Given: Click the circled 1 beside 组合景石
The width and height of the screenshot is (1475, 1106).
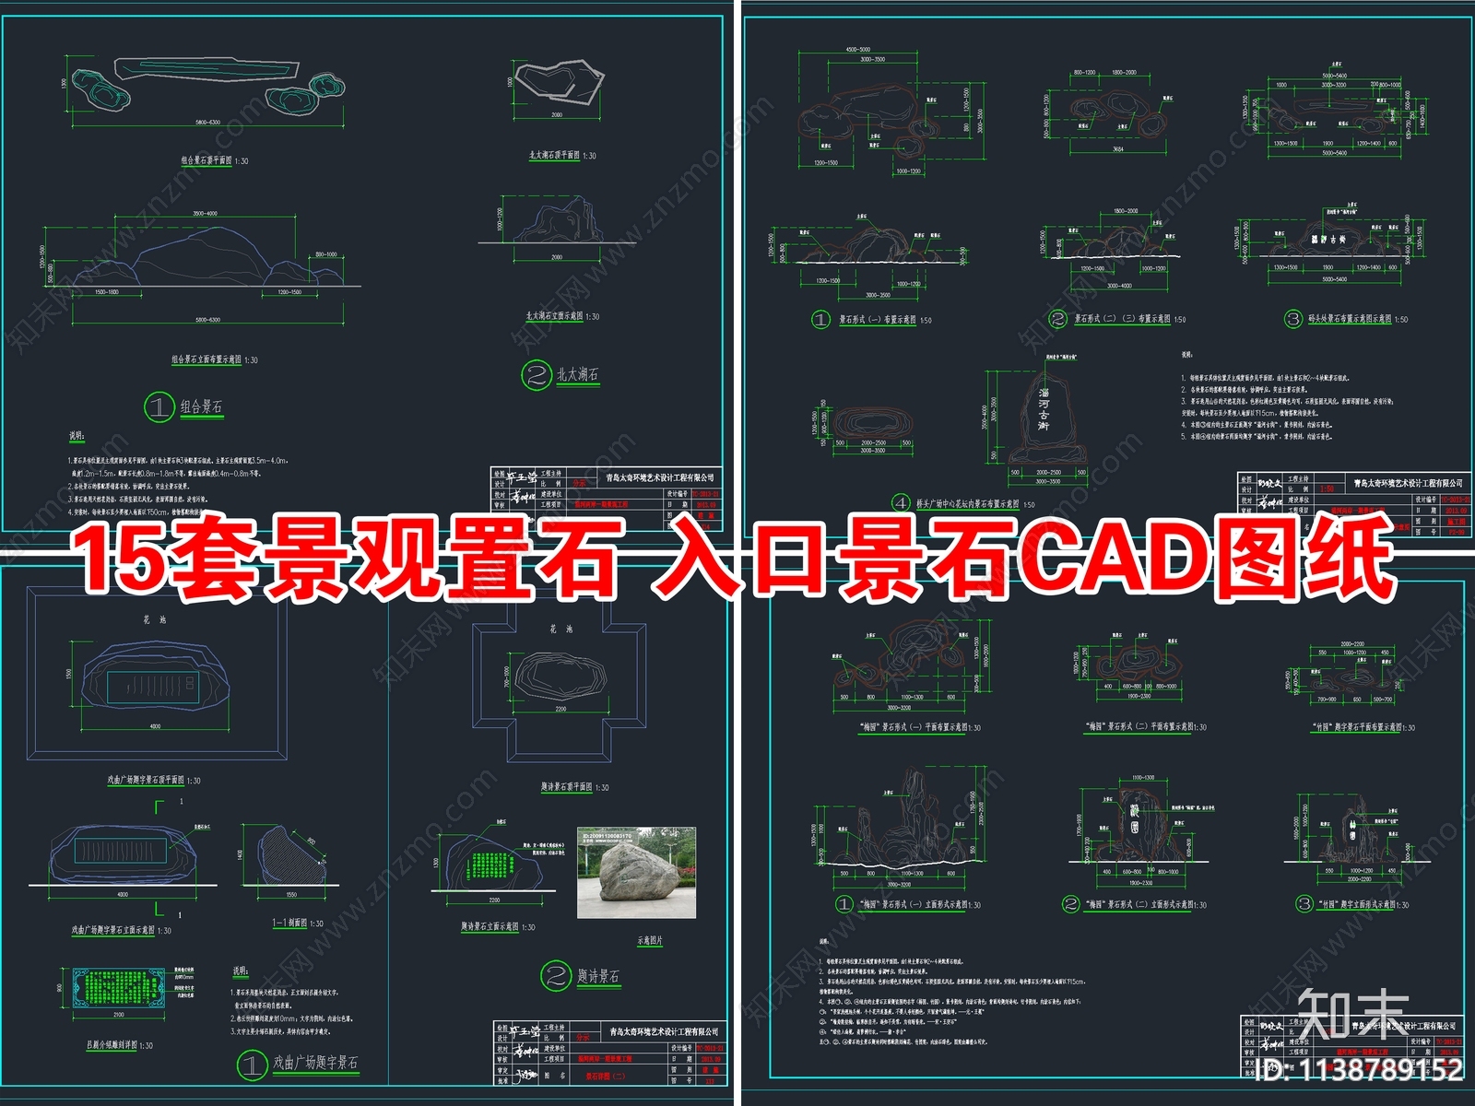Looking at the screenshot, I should [159, 406].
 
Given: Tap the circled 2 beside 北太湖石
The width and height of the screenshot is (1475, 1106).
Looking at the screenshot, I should [536, 375].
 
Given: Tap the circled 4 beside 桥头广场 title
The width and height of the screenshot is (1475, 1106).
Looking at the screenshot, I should [901, 503].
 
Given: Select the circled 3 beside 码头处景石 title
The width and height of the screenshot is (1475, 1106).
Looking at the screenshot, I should [1293, 319].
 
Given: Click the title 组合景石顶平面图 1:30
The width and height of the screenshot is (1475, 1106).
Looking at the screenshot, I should [214, 160].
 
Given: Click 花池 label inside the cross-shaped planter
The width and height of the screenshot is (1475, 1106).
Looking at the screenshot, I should [560, 629].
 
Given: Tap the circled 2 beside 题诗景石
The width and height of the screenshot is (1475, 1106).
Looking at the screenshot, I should [557, 976].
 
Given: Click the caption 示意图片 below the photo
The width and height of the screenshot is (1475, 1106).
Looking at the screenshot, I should [649, 940].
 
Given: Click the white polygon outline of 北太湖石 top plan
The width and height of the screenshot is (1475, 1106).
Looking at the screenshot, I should [560, 82].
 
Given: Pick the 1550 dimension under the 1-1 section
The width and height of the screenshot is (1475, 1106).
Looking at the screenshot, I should [290, 894].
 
